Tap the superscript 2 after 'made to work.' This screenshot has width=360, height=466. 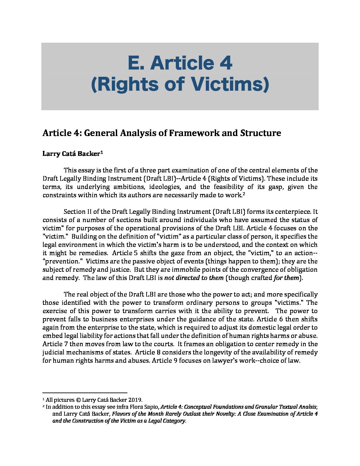244,194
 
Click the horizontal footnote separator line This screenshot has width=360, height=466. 85,392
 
